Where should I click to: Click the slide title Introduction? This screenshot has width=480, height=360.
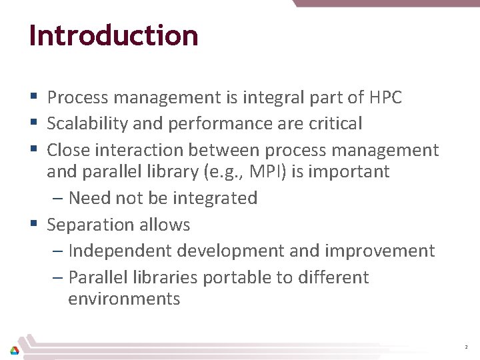[113, 35]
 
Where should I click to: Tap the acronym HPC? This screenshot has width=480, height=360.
[385, 98]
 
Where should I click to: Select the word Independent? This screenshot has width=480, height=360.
[121, 251]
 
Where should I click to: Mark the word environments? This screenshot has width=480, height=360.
[124, 299]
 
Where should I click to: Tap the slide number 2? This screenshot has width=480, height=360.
[465, 347]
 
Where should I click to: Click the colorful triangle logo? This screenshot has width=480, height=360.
[14, 349]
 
